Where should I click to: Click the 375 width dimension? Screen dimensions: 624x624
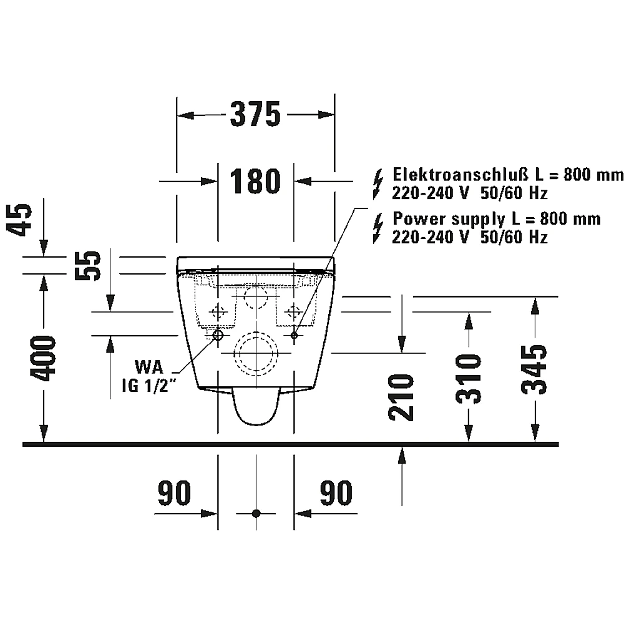[255, 114]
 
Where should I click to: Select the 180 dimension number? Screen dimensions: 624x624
[255, 181]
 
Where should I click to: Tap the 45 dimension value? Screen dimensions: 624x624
[19, 220]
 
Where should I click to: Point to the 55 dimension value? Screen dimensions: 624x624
[88, 265]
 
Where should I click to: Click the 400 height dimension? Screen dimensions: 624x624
[44, 358]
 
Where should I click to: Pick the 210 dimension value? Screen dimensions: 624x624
[401, 397]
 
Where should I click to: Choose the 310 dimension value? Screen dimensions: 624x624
[469, 379]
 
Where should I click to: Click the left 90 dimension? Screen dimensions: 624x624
[174, 493]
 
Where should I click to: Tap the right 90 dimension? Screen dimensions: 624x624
[336, 493]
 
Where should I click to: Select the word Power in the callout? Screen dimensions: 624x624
[419, 218]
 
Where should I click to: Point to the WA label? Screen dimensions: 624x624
[149, 367]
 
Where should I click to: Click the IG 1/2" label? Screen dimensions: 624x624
[149, 386]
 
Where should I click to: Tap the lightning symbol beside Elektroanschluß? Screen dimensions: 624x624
[378, 184]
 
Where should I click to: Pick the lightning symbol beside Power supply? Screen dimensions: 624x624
[378, 228]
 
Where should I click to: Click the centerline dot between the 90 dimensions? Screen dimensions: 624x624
[256, 514]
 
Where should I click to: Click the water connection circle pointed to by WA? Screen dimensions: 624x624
[218, 335]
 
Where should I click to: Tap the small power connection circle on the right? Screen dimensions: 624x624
[294, 335]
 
